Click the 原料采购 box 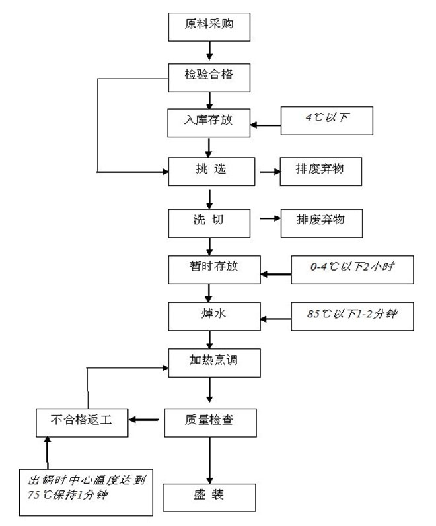click(209, 26)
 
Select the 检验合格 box click(209, 76)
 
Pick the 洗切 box click(209, 221)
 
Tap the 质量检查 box click(209, 420)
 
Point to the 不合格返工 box click(81, 420)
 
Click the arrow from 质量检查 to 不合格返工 click(146, 420)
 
